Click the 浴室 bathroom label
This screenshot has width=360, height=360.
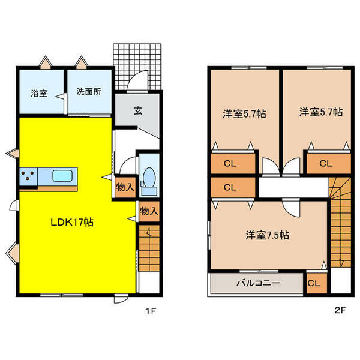[39, 93]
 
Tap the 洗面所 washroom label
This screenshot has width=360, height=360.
[89, 92]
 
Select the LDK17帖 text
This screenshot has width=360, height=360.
[72, 222]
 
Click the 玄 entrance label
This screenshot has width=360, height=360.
[138, 111]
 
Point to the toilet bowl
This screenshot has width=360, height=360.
[149, 177]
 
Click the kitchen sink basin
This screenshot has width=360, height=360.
[62, 176]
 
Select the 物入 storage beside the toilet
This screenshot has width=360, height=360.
[125, 187]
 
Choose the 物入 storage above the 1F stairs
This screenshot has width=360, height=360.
[149, 211]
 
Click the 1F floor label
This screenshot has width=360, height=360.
[151, 311]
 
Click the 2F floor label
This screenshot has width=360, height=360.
[340, 310]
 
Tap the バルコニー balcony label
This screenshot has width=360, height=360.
[258, 283]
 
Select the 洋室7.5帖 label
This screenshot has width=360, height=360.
[267, 235]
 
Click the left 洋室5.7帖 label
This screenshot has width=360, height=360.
[245, 113]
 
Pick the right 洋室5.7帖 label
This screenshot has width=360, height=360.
[321, 112]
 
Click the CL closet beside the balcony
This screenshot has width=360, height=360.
[317, 283]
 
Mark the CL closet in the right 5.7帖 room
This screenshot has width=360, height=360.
[329, 163]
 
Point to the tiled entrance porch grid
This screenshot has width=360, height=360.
[137, 67]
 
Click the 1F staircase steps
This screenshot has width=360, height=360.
[149, 248]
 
